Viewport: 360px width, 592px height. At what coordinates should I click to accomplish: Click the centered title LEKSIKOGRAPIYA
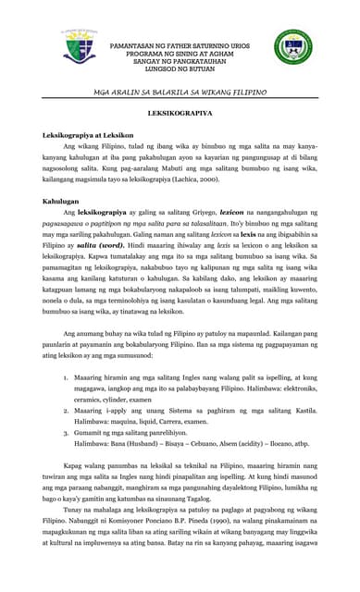tap(180, 114)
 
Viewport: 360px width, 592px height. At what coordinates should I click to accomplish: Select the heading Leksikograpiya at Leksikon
tap(89, 135)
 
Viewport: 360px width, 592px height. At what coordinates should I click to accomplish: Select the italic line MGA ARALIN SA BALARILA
tap(180, 93)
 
